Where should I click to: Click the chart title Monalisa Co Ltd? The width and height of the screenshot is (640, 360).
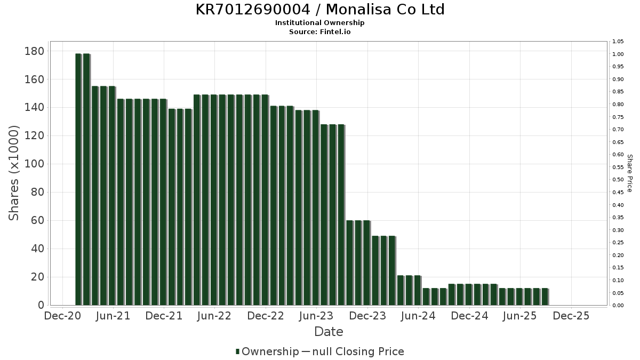tap(320, 10)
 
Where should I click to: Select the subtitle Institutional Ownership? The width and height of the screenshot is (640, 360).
tap(320, 23)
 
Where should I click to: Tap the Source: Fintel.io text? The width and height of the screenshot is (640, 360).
tap(320, 31)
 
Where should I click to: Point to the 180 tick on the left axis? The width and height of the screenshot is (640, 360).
tap(34, 51)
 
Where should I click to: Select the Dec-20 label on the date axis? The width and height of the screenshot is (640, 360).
tap(62, 316)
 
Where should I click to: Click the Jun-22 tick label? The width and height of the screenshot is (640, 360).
tap(214, 316)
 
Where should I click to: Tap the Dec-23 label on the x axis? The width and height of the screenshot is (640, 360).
tap(367, 316)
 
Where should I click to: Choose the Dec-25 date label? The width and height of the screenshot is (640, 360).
tap(571, 316)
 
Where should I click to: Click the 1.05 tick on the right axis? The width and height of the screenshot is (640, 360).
tap(618, 42)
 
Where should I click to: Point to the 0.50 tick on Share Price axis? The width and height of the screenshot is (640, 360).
tap(618, 180)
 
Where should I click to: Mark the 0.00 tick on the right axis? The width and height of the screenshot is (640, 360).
tap(618, 306)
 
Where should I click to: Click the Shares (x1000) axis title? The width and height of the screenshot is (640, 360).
tap(14, 173)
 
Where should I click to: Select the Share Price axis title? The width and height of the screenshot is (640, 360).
tap(630, 173)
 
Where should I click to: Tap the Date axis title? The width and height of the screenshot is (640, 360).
tap(329, 332)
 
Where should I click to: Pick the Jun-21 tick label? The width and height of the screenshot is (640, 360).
tap(113, 316)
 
